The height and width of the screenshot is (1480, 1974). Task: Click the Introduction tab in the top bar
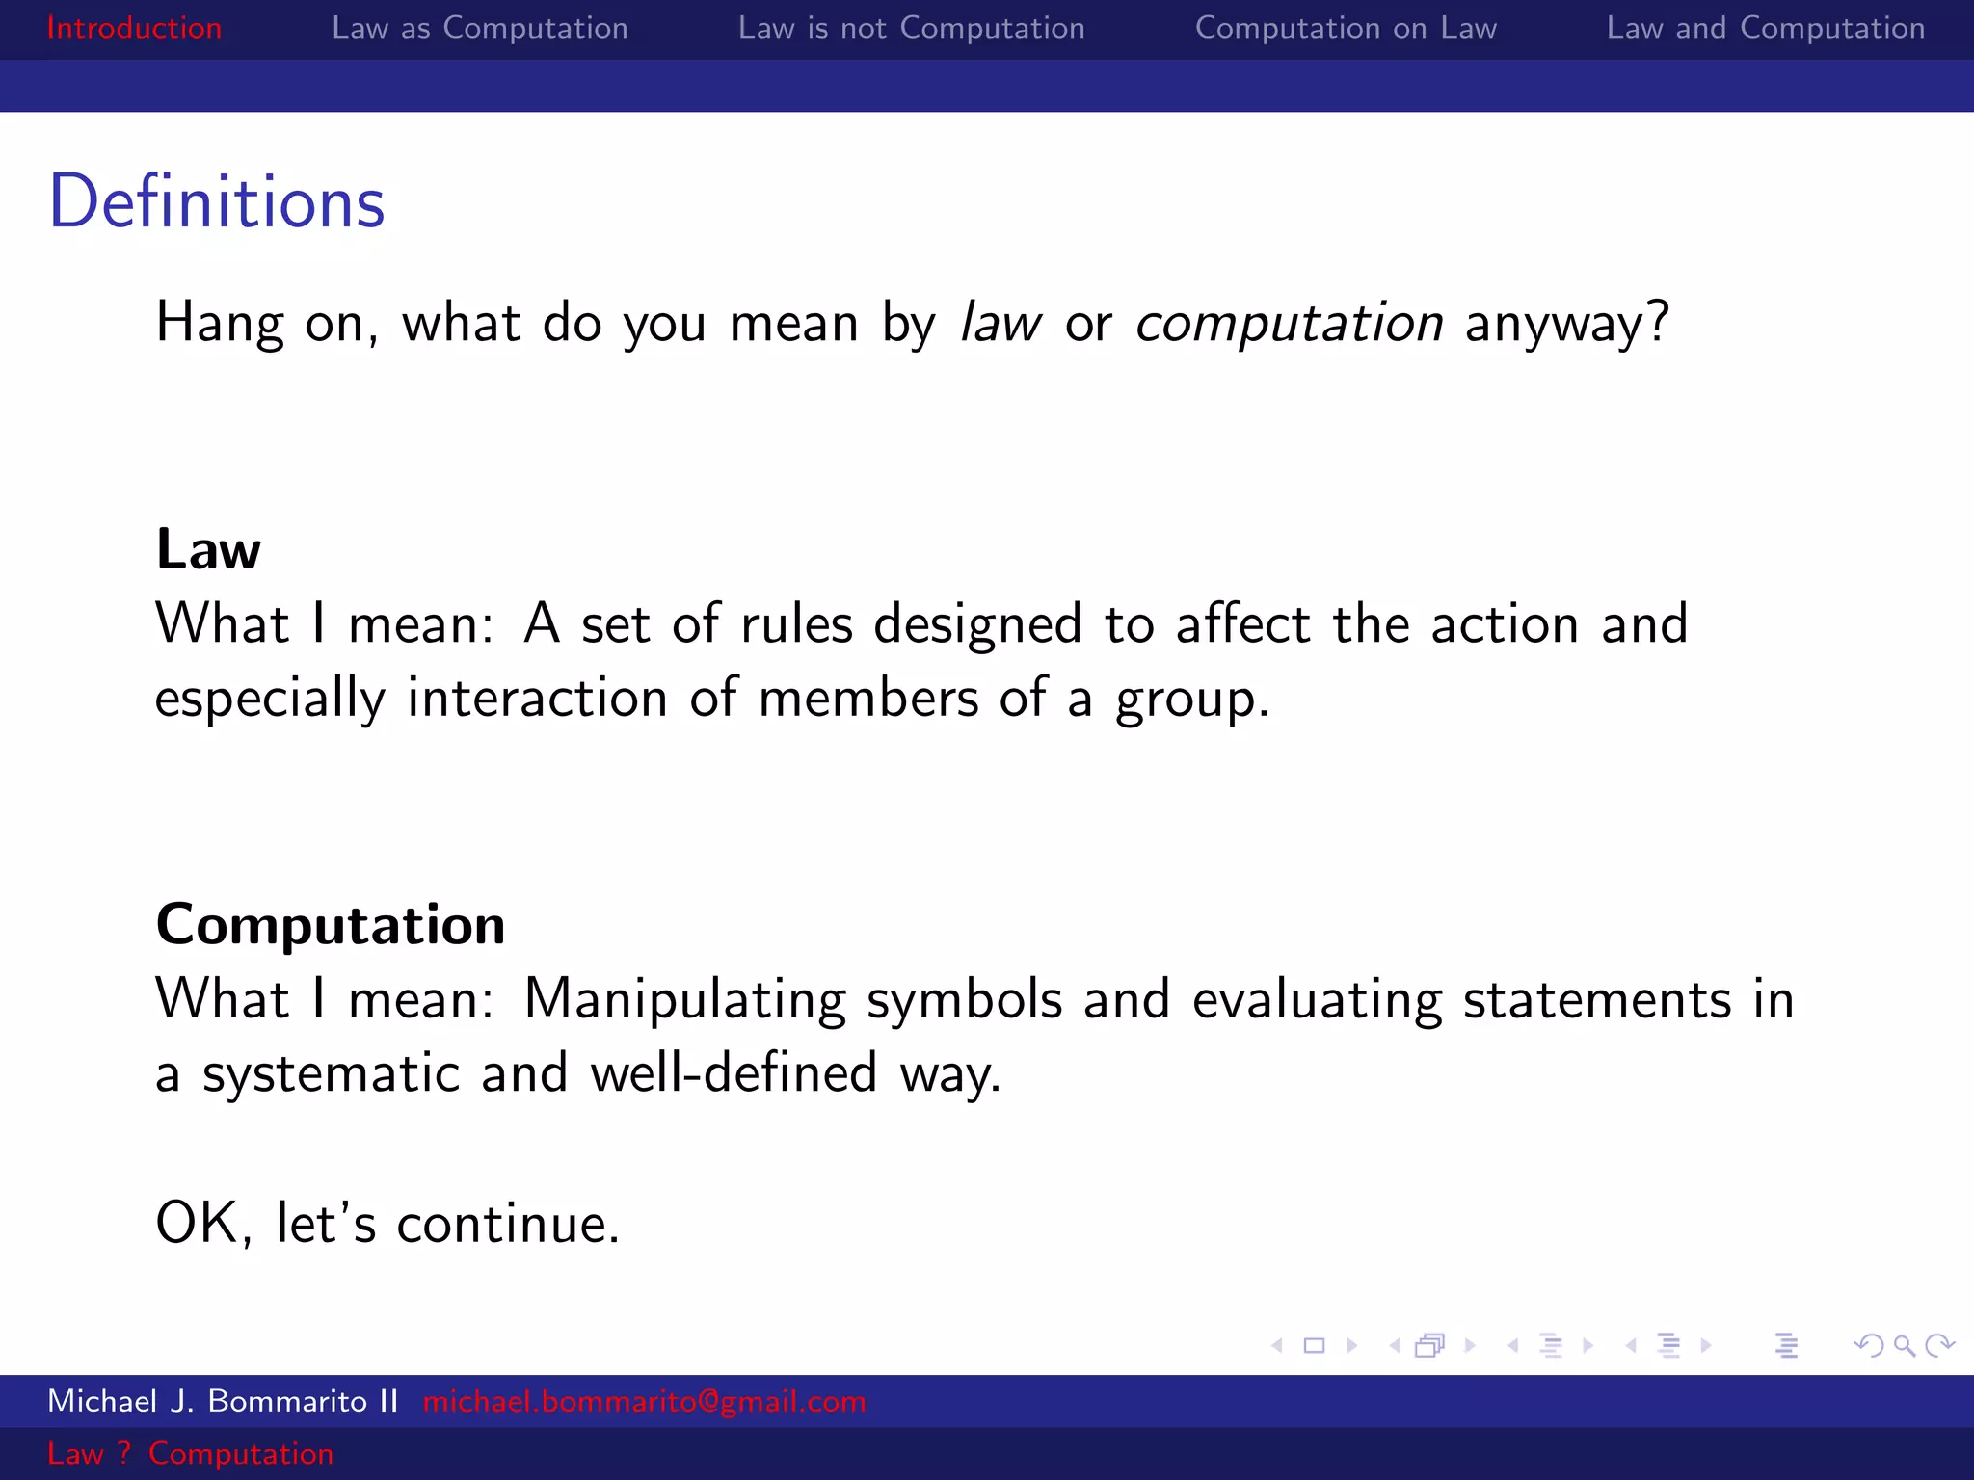[134, 28]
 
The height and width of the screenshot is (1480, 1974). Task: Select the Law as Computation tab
[479, 28]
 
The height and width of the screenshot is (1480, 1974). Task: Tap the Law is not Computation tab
[911, 28]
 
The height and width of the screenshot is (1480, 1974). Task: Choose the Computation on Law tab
[1346, 28]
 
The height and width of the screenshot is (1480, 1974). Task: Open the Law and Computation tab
[1765, 28]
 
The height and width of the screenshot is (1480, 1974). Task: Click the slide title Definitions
[217, 202]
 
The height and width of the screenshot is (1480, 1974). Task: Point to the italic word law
[1000, 323]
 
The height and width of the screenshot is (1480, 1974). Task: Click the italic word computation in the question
[1289, 323]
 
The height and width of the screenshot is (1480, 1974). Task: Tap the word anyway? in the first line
[1566, 323]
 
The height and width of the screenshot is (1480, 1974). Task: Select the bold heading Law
[208, 549]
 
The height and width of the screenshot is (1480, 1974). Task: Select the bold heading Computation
[331, 925]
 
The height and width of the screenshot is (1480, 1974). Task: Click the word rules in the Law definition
[796, 624]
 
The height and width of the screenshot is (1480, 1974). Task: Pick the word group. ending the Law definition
[1191, 700]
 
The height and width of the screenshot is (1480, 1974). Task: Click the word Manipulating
[684, 1000]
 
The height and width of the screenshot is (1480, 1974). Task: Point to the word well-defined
[734, 1073]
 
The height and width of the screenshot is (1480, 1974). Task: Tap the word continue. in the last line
[508, 1225]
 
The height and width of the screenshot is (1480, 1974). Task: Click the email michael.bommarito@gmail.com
[644, 1401]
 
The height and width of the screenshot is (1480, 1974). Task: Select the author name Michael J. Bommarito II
[223, 1401]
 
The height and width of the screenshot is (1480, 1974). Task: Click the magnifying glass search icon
[1904, 1345]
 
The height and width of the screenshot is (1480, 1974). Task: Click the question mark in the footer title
[123, 1453]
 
